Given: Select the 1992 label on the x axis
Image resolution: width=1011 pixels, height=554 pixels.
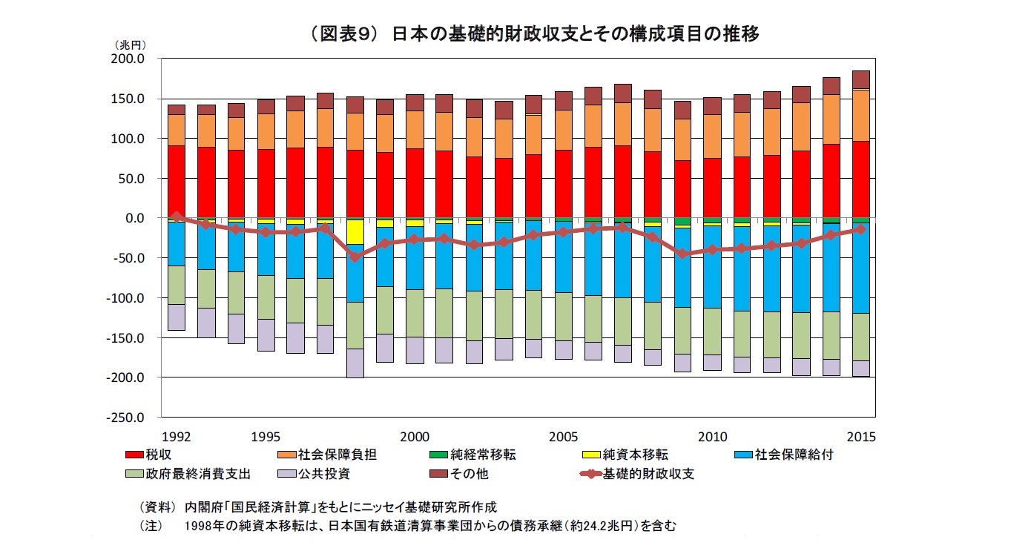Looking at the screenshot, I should pyautogui.click(x=177, y=435).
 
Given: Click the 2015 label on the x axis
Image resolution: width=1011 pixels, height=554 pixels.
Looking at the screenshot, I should pyautogui.click(x=861, y=435).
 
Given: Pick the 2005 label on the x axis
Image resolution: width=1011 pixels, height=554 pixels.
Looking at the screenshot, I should pyautogui.click(x=564, y=435).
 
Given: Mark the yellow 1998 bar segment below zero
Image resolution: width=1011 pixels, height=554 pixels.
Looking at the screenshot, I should pyautogui.click(x=355, y=232).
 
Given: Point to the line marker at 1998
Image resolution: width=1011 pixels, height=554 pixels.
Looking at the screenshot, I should pyautogui.click(x=355, y=257).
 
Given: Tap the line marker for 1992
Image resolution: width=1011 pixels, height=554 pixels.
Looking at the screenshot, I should pyautogui.click(x=177, y=217).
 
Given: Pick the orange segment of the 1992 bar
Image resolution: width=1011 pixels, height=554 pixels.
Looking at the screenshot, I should pyautogui.click(x=177, y=130).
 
